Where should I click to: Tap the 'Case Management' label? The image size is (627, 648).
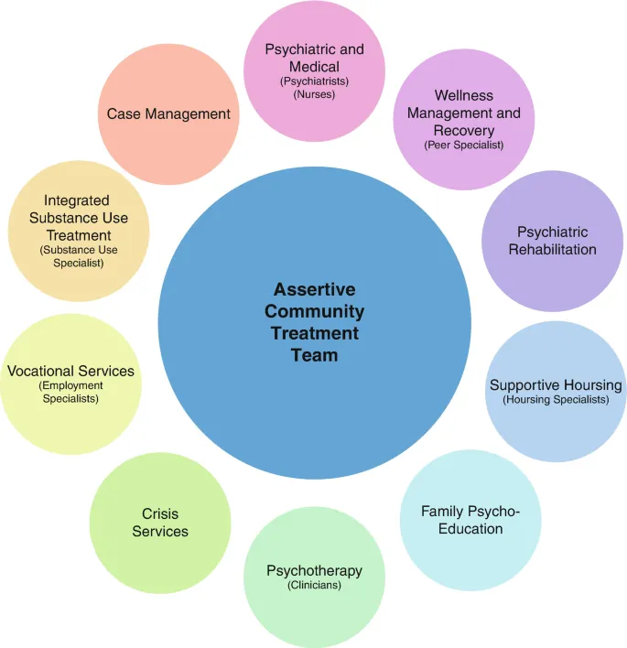(x=168, y=113)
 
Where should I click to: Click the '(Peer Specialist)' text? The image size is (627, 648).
(x=464, y=145)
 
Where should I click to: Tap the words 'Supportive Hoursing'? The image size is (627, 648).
(x=556, y=384)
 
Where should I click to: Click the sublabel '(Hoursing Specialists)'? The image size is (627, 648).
(x=556, y=399)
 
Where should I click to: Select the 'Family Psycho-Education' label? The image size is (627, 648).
(x=470, y=520)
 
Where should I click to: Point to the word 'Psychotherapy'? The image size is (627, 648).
(x=314, y=570)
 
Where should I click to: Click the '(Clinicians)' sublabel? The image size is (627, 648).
(x=314, y=585)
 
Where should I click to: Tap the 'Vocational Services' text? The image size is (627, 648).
(x=70, y=371)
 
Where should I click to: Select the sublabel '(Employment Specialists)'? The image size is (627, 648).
(x=70, y=392)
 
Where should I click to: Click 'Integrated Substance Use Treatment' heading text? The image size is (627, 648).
(x=78, y=218)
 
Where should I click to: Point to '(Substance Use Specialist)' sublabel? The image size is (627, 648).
(x=78, y=256)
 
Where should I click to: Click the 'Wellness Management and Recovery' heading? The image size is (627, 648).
(x=464, y=113)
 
